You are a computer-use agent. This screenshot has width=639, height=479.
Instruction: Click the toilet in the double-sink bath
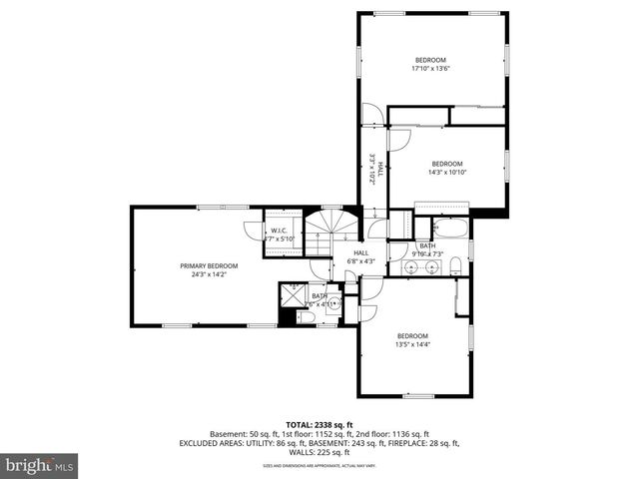click(455, 264)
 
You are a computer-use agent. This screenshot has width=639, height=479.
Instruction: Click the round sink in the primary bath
click(333, 302)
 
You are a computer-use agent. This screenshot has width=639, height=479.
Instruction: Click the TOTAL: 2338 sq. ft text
click(319, 424)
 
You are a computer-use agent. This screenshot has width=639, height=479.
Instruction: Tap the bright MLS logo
click(40, 465)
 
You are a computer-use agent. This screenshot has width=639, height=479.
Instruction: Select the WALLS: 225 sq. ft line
click(319, 452)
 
